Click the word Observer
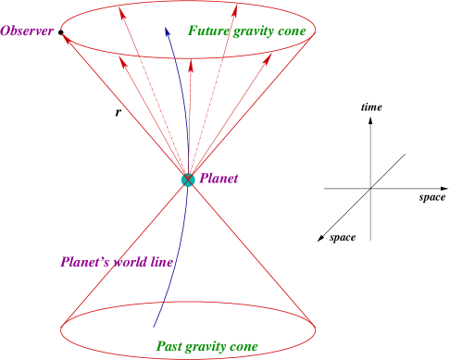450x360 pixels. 28,31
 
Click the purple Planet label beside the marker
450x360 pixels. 219,179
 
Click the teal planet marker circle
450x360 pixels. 189,180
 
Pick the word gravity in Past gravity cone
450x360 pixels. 208,348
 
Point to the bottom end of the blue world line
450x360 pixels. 154,328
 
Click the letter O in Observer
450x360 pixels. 6,31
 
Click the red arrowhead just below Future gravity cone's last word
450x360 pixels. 269,56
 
